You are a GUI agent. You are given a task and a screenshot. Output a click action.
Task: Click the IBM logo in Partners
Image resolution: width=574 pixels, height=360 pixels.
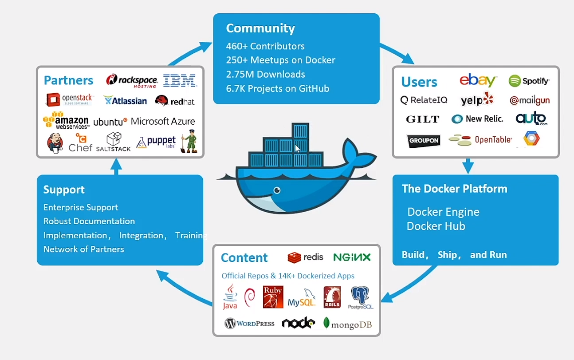coord(180,80)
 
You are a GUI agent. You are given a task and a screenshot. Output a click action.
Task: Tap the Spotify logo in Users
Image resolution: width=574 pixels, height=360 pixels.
coord(529,81)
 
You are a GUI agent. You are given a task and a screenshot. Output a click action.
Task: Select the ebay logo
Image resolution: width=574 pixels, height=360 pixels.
coord(477,80)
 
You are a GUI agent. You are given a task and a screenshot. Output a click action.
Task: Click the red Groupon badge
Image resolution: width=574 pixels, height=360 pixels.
coord(424,141)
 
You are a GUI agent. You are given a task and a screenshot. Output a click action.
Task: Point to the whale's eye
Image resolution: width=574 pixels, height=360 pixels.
coord(277,190)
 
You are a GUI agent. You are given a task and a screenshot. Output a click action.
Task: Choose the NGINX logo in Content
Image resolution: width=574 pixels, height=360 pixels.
coord(352,257)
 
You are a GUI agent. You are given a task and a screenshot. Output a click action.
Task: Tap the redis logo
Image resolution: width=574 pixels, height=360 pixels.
coord(305,257)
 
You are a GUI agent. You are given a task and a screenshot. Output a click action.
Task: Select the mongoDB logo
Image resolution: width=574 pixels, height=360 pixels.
coord(347,324)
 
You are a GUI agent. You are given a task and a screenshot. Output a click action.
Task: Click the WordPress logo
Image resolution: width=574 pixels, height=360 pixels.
coord(249,323)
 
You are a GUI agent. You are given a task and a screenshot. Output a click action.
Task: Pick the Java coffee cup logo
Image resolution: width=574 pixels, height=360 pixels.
coord(230,297)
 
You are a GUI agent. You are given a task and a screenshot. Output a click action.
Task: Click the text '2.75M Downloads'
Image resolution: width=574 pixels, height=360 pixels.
coord(265,74)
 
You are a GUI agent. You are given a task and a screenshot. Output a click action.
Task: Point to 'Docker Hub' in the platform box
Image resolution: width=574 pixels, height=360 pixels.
coord(436,226)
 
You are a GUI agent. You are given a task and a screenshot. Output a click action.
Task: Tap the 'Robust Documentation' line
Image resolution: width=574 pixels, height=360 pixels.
coord(89,221)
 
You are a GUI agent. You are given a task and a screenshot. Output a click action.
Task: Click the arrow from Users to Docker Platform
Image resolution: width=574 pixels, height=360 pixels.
coord(468,166)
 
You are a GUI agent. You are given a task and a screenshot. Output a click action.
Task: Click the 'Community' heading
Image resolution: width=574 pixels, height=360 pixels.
coord(260,28)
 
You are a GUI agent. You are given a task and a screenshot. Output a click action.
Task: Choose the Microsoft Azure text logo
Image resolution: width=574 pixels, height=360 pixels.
coord(162,121)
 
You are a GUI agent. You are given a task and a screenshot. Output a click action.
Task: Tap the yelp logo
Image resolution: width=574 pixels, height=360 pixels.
coord(477,100)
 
